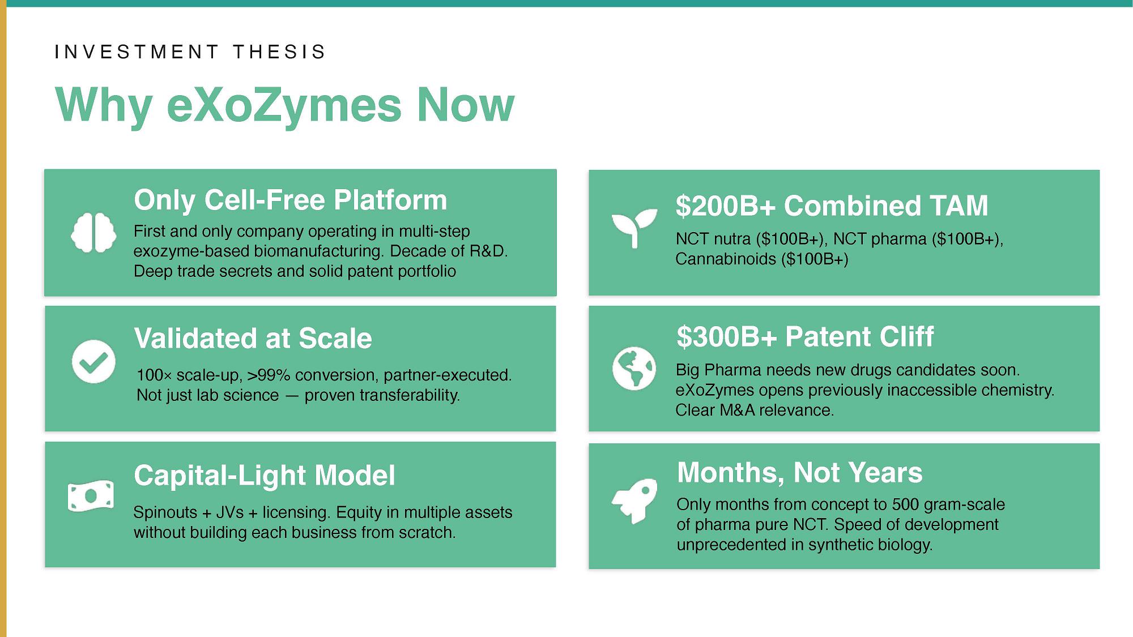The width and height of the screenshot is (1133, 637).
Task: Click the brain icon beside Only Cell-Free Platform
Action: pyautogui.click(x=93, y=232)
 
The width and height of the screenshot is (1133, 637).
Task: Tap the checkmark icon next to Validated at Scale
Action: pyautogui.click(x=93, y=362)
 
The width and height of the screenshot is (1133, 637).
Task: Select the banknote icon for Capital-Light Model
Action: pyautogui.click(x=91, y=496)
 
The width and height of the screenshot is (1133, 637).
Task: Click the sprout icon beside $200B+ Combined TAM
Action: pyautogui.click(x=634, y=228)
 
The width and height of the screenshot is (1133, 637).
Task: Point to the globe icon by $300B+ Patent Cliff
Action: pyautogui.click(x=634, y=368)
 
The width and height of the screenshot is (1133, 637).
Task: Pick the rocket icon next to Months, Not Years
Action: pyautogui.click(x=634, y=501)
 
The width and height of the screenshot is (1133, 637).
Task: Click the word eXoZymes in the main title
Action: pyautogui.click(x=284, y=105)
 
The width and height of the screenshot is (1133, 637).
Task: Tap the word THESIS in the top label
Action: pyautogui.click(x=279, y=52)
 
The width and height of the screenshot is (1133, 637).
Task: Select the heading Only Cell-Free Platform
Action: pyautogui.click(x=291, y=200)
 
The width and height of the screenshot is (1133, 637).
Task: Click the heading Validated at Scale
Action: pyautogui.click(x=253, y=339)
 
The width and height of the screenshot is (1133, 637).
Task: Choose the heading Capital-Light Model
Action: pyautogui.click(x=265, y=476)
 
